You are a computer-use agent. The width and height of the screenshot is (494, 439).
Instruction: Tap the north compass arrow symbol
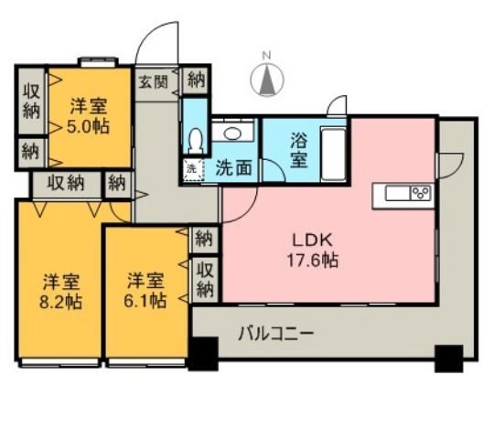click(267, 81)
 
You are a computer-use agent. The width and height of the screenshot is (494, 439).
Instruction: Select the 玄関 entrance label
click(153, 80)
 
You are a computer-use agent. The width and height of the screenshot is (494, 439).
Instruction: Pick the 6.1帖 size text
click(145, 300)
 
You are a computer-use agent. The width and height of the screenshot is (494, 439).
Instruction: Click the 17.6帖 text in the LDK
click(316, 260)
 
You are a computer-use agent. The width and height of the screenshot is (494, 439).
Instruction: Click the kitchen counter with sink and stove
click(402, 193)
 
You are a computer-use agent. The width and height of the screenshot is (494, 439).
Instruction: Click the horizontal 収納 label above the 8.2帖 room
click(66, 182)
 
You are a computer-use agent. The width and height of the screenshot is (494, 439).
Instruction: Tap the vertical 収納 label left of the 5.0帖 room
click(30, 102)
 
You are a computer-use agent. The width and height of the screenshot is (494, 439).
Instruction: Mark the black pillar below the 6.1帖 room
click(203, 352)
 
